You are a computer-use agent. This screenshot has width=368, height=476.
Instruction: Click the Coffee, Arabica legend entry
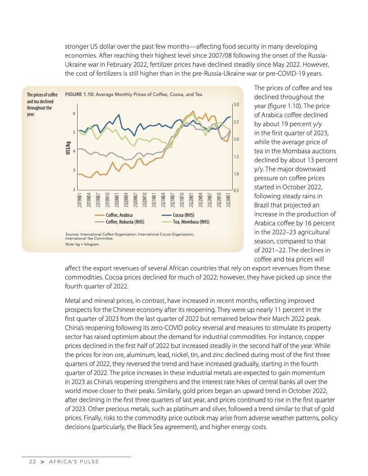point(119,215)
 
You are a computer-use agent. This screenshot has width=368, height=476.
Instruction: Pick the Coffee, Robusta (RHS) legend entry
point(125,222)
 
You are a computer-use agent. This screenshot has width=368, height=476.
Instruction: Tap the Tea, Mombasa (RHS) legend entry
point(191,222)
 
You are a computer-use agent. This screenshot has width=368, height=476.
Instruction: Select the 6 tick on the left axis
point(73,114)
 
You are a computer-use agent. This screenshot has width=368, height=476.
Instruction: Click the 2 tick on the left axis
point(73,190)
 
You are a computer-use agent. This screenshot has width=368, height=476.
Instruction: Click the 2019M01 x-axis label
point(80,199)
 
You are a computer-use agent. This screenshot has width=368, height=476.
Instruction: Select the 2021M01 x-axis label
point(154,199)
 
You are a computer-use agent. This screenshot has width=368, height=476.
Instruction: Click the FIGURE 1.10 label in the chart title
point(80,95)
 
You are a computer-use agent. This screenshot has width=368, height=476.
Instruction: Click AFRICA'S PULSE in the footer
point(74,462)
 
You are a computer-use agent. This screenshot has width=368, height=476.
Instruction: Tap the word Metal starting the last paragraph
point(74,300)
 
